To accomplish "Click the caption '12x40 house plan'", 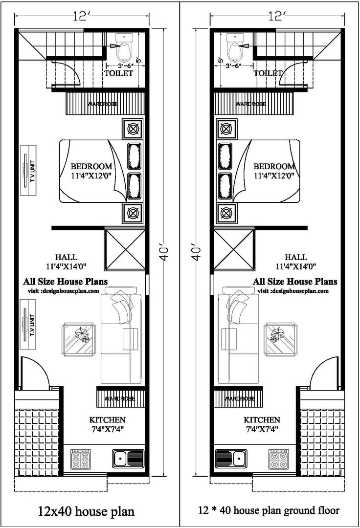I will (86, 512).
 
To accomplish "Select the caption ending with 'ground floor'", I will (269, 511).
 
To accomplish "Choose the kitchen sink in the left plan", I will (128, 459).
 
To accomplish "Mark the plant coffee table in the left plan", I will (78, 338).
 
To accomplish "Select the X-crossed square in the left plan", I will (125, 249).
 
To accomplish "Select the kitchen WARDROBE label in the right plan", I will (239, 399).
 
